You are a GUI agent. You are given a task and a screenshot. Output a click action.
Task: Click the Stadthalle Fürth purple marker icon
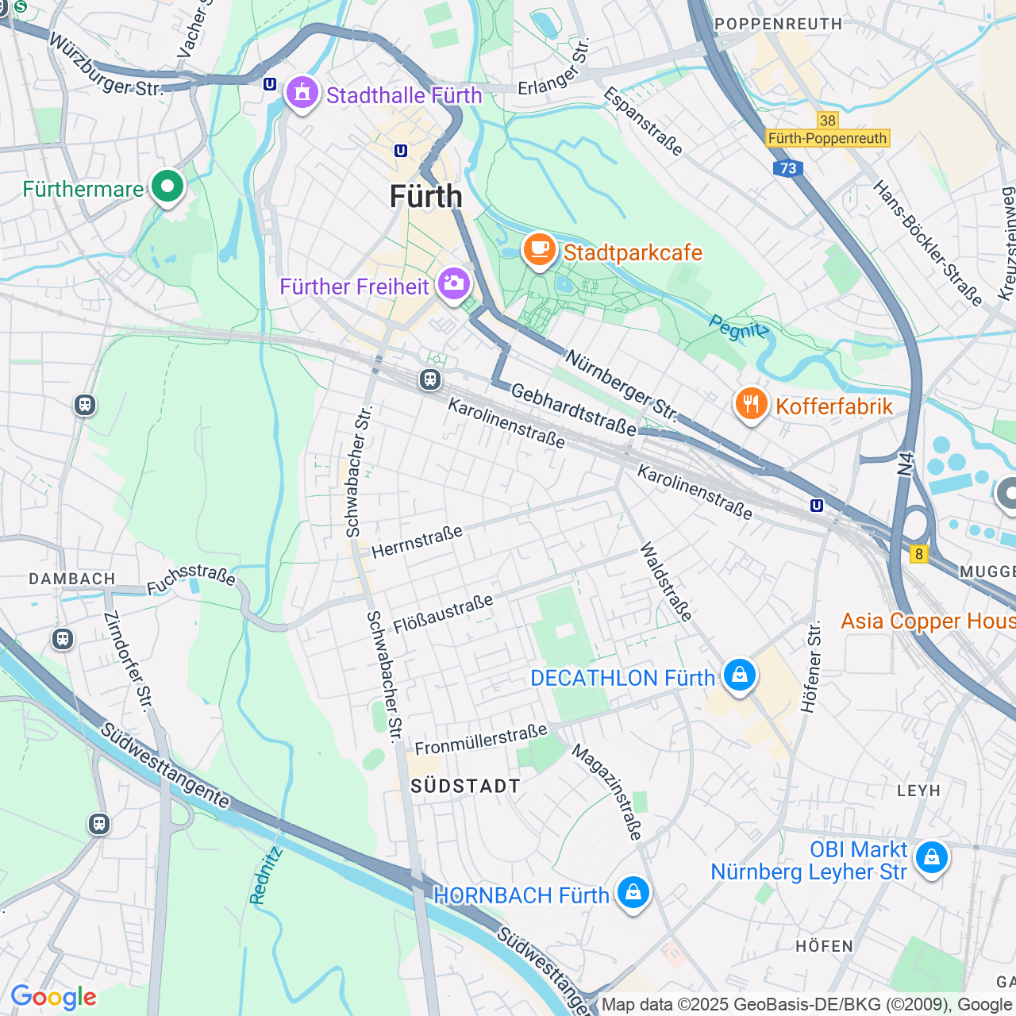pyautogui.click(x=302, y=94)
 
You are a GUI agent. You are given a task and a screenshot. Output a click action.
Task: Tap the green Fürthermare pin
pyautogui.click(x=167, y=187)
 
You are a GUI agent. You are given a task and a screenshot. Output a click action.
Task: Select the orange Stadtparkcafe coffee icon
pyautogui.click(x=539, y=249)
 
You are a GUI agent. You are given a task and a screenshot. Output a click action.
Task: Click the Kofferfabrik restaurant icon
pyautogui.click(x=750, y=404)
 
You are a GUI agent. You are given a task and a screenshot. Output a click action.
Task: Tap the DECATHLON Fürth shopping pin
pyautogui.click(x=739, y=675)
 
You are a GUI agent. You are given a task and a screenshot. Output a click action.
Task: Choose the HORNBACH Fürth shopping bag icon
pyautogui.click(x=633, y=893)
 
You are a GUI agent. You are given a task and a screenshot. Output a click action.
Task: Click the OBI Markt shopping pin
pyautogui.click(x=931, y=858)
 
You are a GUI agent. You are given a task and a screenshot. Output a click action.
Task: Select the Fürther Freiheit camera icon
pyautogui.click(x=453, y=283)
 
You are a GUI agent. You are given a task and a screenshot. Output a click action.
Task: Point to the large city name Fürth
pyautogui.click(x=425, y=197)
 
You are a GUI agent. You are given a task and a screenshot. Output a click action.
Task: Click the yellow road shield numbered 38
pyautogui.click(x=828, y=121)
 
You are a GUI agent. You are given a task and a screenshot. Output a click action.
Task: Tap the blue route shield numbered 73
pyautogui.click(x=787, y=168)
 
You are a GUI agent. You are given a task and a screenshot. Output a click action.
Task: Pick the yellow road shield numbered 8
pyautogui.click(x=919, y=554)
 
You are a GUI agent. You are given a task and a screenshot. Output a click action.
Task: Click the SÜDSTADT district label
pyautogui.click(x=465, y=786)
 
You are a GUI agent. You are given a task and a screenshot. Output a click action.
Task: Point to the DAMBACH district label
pyautogui.click(x=72, y=579)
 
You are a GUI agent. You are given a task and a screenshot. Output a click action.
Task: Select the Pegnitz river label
pyautogui.click(x=738, y=328)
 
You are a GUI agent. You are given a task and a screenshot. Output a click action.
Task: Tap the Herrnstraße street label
pyautogui.click(x=417, y=541)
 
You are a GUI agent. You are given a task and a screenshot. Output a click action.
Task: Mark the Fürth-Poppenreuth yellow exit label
pyautogui.click(x=827, y=138)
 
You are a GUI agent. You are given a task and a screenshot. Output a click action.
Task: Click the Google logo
pyautogui.click(x=53, y=997)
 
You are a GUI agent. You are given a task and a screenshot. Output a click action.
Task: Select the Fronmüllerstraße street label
pyautogui.click(x=481, y=739)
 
